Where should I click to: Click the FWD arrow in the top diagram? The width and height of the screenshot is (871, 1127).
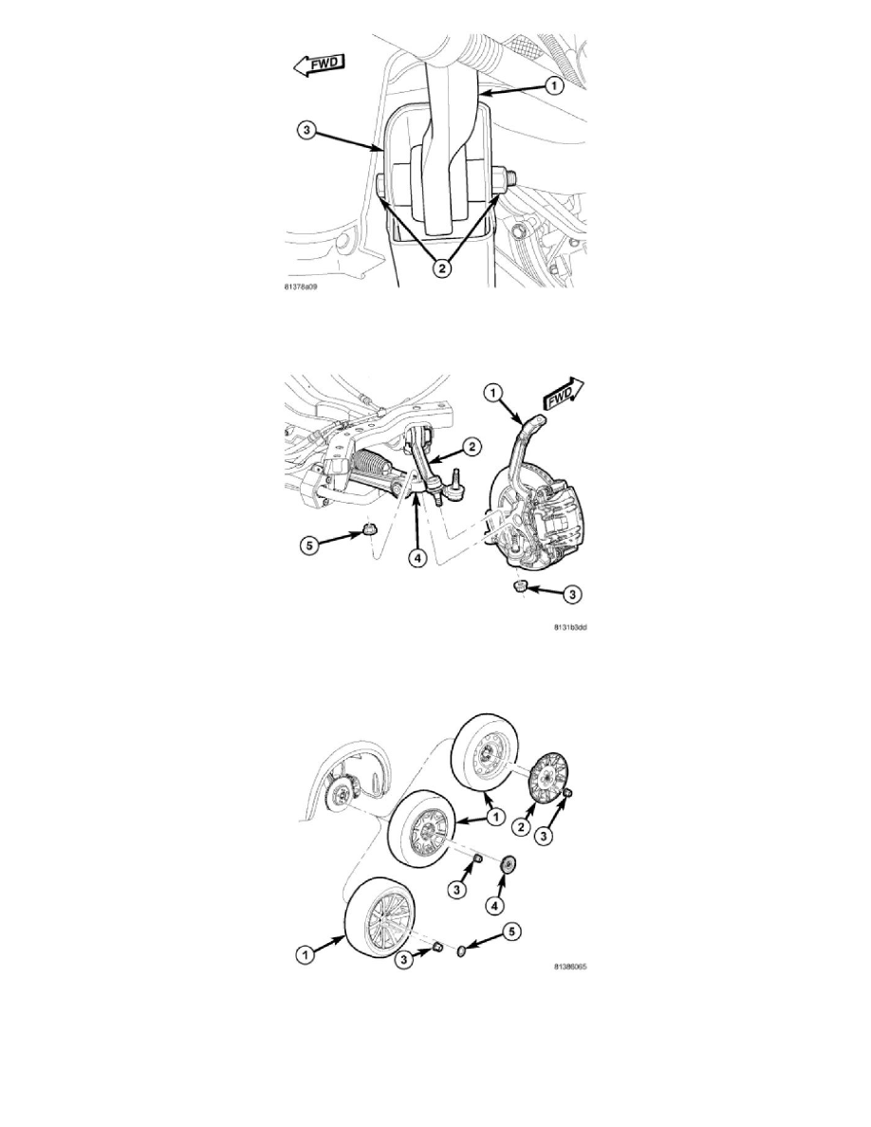click(x=319, y=65)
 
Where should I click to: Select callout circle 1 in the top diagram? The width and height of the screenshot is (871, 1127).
click(x=553, y=86)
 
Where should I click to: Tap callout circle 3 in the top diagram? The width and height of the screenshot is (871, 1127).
click(x=306, y=132)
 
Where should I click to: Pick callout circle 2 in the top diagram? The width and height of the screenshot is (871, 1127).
click(x=442, y=268)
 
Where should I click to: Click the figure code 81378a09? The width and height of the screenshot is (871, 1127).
click(x=301, y=286)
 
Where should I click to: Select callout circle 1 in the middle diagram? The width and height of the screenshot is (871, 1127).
click(x=492, y=393)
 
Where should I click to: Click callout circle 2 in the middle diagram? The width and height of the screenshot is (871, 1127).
click(x=472, y=447)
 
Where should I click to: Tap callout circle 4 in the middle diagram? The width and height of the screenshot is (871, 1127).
click(x=418, y=557)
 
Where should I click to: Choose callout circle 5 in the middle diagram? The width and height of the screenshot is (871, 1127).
click(x=309, y=545)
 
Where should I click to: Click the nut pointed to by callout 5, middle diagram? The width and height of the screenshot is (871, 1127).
click(x=369, y=529)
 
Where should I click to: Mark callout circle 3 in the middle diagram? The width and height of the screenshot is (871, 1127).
click(x=572, y=595)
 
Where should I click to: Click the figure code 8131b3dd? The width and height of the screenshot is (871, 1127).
click(x=570, y=627)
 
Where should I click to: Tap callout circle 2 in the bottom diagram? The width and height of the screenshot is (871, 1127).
click(x=522, y=827)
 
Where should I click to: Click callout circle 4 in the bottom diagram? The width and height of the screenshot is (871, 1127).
click(x=494, y=906)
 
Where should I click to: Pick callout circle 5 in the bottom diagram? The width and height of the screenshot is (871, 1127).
click(x=511, y=933)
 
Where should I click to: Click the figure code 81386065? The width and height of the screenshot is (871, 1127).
click(x=570, y=967)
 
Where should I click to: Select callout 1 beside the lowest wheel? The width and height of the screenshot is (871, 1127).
click(x=306, y=955)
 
